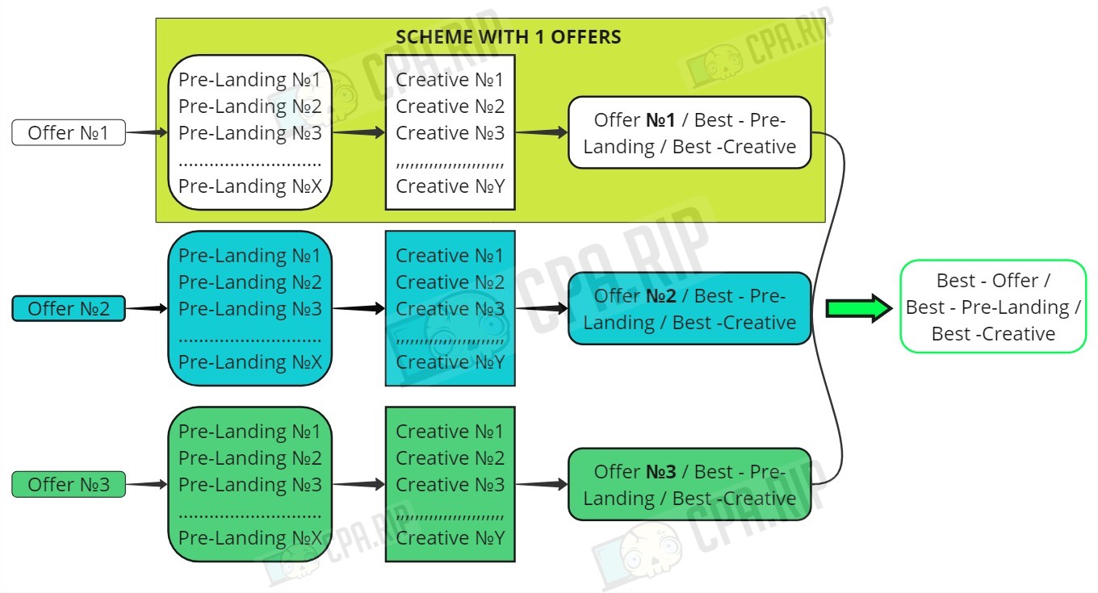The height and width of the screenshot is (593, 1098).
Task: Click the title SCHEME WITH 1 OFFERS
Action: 509,37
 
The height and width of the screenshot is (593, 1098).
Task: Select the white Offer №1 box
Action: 69,132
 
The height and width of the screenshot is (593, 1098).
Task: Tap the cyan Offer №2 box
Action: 69,308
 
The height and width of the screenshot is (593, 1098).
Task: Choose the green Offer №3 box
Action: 69,484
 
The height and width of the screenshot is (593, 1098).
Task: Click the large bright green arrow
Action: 859,308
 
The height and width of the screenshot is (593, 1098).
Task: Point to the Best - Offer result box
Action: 993,307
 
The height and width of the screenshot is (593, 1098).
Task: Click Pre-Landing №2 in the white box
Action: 250,106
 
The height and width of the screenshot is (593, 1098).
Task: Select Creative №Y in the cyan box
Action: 450,362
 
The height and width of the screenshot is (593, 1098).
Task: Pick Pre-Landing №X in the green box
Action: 250,538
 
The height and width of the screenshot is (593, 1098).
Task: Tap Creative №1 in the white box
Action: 450,80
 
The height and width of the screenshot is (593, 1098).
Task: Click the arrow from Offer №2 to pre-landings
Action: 147,308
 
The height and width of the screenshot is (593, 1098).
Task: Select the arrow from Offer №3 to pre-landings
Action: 147,484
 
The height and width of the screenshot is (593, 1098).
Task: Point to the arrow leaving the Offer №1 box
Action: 147,132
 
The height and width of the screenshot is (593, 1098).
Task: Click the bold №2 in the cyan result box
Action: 660,296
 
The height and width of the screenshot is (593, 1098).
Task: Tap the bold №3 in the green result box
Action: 660,472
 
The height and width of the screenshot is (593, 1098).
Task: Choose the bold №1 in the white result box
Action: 660,120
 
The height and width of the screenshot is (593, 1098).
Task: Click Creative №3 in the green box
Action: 450,485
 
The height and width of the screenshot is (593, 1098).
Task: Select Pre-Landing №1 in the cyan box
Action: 249,256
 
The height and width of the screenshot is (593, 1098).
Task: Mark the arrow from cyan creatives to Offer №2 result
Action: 542,308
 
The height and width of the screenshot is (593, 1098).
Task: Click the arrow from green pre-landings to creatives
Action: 358,484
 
